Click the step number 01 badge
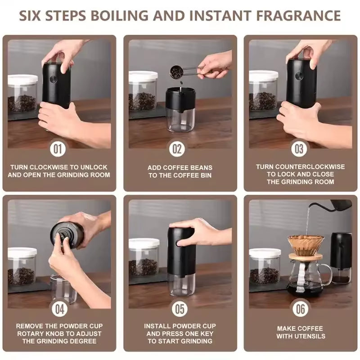coord(59,148)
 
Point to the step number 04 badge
coord(59,309)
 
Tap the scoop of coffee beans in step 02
coord(176,72)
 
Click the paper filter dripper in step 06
coord(306,245)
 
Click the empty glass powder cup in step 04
coord(63,288)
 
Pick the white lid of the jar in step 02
coord(143,76)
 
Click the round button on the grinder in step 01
coord(53,79)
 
